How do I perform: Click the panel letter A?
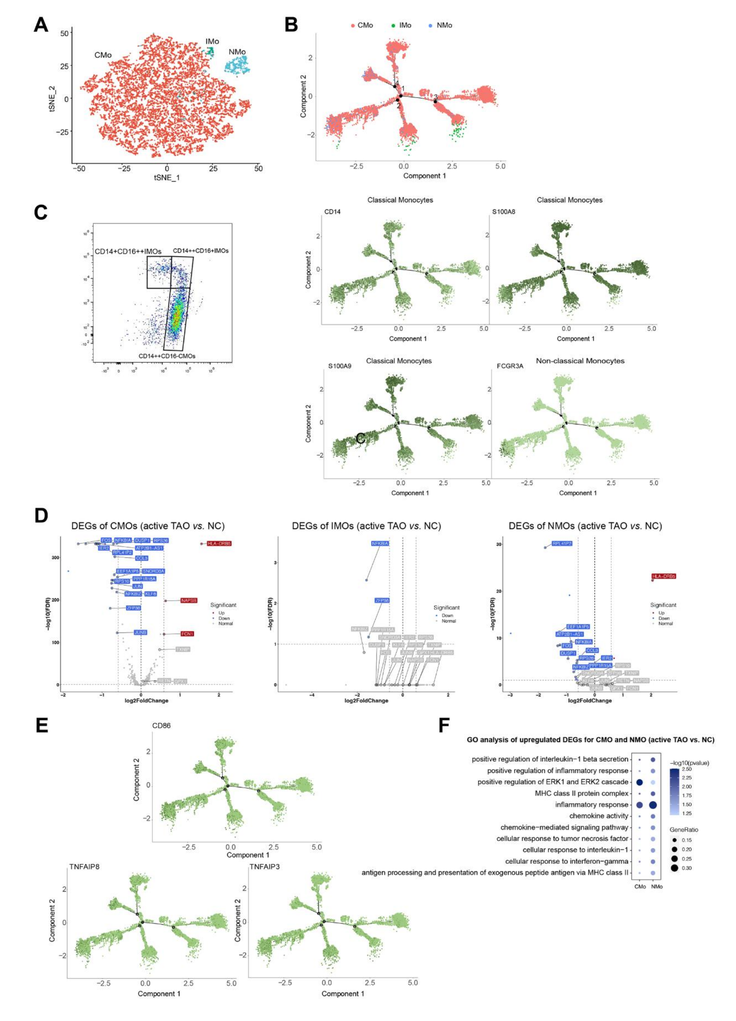pyautogui.click(x=41, y=25)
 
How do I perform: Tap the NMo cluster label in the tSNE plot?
pyautogui.click(x=237, y=52)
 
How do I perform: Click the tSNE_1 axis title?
pyautogui.click(x=167, y=177)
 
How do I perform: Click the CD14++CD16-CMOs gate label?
pyautogui.click(x=167, y=356)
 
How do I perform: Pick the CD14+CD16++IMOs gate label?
pyautogui.click(x=127, y=251)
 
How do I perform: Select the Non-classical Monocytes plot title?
pyautogui.click(x=580, y=361)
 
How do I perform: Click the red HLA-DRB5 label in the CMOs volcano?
pyautogui.click(x=219, y=543)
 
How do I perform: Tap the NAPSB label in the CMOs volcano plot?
pyautogui.click(x=188, y=600)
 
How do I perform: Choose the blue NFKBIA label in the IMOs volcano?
pyautogui.click(x=380, y=543)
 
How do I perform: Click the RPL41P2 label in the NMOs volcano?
pyautogui.click(x=562, y=543)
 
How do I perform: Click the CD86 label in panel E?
pyautogui.click(x=161, y=725)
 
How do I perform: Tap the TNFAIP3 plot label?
pyautogui.click(x=264, y=867)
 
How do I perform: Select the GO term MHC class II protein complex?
pyautogui.click(x=581, y=793)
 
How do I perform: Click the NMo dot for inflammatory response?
pyautogui.click(x=653, y=804)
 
